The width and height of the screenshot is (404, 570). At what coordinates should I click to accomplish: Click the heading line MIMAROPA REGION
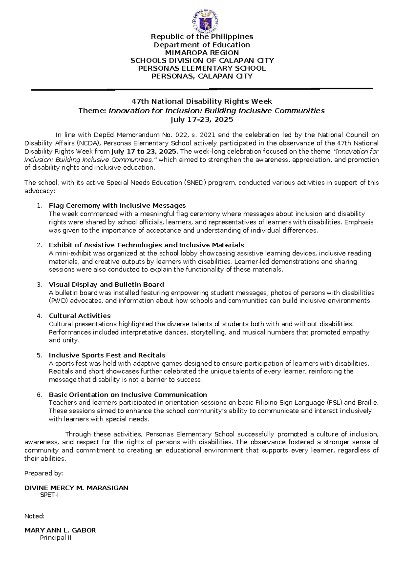202,53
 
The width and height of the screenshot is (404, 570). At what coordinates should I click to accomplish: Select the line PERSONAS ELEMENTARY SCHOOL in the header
202,69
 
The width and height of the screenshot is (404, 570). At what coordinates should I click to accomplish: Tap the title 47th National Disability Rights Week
201,101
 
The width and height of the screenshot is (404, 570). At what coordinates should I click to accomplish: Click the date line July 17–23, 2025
202,120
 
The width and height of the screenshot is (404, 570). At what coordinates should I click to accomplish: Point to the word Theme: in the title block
92,111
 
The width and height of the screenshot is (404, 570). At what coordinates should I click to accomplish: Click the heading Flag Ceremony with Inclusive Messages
117,205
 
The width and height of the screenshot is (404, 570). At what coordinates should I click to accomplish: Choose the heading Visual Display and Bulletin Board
106,284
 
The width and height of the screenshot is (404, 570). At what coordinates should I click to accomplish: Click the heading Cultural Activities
79,316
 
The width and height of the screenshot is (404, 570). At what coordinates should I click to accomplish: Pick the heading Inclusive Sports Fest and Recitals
107,355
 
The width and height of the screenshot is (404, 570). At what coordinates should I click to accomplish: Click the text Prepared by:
44,473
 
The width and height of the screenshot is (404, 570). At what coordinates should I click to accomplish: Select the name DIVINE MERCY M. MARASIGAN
76,488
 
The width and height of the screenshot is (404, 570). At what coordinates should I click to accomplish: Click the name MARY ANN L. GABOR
60,530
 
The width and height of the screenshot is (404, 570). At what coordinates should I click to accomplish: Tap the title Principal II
56,538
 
